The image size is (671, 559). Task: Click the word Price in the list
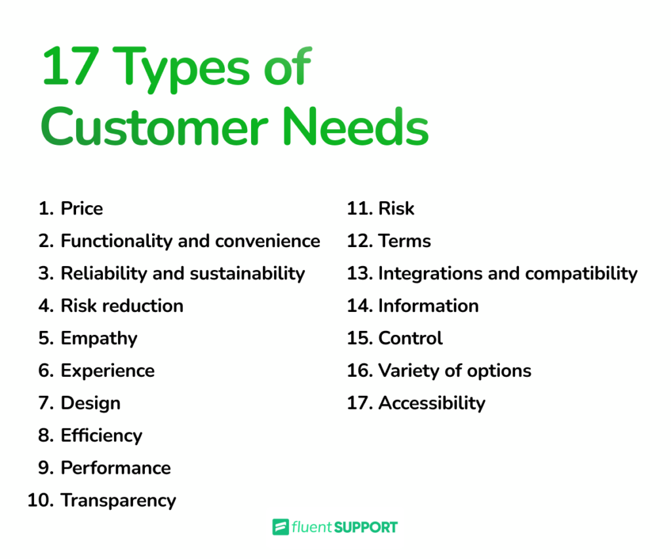point(82,209)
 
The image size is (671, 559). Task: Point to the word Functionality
point(117,241)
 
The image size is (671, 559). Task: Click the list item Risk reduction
point(122,306)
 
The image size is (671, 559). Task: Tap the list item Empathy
point(99,338)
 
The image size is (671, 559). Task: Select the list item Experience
point(107,371)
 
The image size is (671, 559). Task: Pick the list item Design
point(90,403)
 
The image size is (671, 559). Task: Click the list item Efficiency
point(102,435)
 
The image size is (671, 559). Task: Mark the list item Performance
point(115,468)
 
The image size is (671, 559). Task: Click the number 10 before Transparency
point(41,501)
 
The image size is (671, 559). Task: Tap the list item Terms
point(404,241)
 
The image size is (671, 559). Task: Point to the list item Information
point(428,306)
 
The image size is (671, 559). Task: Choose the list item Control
point(410,338)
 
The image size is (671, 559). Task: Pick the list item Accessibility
point(431,403)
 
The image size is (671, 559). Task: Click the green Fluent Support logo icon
point(280,527)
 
